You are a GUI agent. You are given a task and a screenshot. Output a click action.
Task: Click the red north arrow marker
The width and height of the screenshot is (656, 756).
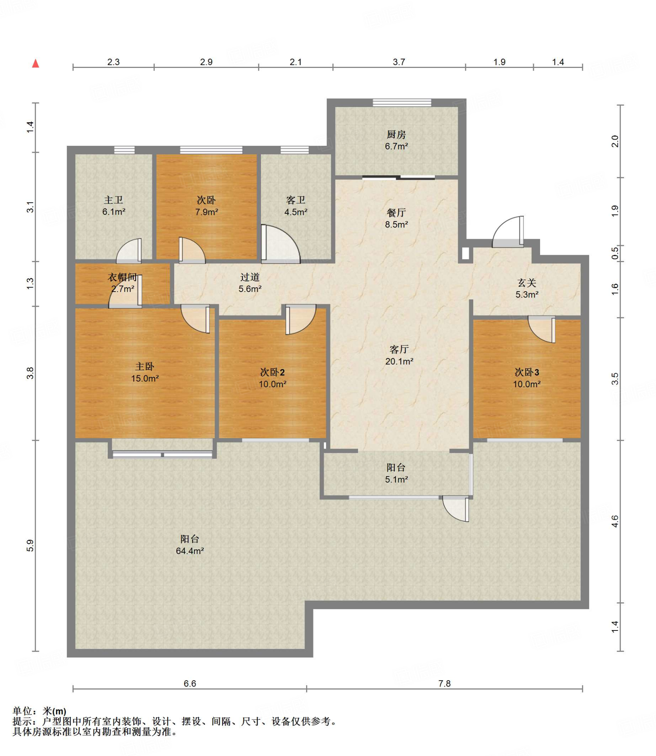[x=35, y=63]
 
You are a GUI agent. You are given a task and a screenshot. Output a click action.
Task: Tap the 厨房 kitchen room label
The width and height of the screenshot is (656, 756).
[x=396, y=134]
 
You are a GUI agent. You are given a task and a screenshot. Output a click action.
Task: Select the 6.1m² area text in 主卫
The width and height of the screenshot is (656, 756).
[x=114, y=212]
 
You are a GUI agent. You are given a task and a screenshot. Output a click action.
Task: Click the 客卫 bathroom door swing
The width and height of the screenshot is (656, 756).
[x=281, y=243]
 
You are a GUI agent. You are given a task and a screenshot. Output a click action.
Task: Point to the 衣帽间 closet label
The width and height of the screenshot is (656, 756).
[x=122, y=277]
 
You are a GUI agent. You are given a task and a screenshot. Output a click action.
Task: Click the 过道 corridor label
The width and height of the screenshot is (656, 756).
[x=250, y=277]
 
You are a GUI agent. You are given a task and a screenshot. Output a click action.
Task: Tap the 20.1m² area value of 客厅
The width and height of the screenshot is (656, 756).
[x=399, y=361]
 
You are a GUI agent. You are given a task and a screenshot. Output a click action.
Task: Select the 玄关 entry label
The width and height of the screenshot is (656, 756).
[x=527, y=283]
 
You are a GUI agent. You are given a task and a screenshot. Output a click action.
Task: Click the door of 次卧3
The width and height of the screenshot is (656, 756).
[x=542, y=330]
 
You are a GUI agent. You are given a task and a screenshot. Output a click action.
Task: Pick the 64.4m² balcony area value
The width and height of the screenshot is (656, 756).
[x=190, y=551]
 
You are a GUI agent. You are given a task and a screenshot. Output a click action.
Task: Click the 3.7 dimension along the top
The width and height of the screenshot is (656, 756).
[x=399, y=62]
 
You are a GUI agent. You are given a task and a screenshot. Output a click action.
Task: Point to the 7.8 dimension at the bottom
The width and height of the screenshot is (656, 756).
[x=444, y=684]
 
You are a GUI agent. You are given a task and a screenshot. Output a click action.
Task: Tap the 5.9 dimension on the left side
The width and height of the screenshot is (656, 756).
[x=30, y=546]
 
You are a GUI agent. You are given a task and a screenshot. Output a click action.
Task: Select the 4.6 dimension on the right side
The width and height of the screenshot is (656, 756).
[x=615, y=521]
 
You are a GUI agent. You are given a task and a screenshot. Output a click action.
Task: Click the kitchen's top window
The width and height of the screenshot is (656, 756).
[x=402, y=103]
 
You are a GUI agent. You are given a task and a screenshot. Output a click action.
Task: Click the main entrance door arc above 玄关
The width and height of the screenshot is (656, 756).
[x=508, y=232]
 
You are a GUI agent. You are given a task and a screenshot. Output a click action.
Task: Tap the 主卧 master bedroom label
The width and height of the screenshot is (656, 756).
[x=145, y=367]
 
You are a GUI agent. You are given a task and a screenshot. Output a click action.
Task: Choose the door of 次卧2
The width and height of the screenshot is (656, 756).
[x=301, y=319]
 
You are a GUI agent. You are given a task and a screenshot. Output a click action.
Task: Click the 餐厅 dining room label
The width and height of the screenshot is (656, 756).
[x=396, y=213]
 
